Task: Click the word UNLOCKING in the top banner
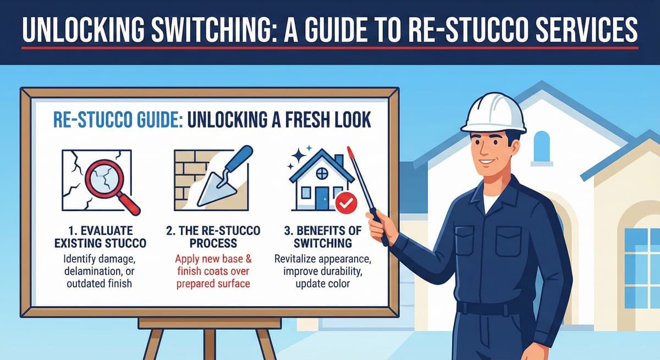84,30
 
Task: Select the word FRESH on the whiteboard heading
305,120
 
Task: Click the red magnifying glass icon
111,185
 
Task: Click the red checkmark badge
346,203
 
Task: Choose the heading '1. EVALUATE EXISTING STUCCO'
100,237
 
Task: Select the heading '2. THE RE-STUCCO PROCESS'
213,237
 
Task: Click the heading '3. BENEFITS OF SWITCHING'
323,237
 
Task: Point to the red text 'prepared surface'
213,284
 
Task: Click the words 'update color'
323,284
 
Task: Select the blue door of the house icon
321,198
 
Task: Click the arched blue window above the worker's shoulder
542,147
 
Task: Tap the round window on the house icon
322,173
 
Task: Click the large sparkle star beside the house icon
298,156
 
